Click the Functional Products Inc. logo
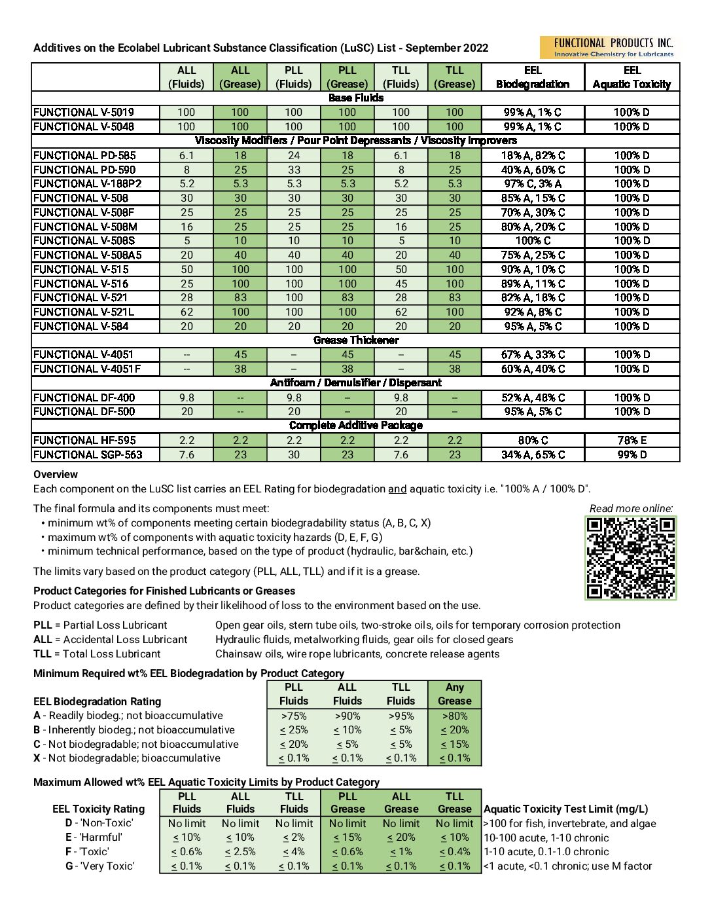pyautogui.click(x=609, y=48)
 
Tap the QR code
pyautogui.click(x=630, y=558)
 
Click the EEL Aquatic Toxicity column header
pyautogui.click(x=632, y=77)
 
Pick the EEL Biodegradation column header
pyautogui.click(x=533, y=77)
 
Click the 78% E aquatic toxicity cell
pyautogui.click(x=632, y=440)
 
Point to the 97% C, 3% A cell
pyautogui.click(x=533, y=184)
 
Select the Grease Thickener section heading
pyautogui.click(x=356, y=341)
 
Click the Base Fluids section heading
pyautogui.click(x=356, y=98)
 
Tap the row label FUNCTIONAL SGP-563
pyautogui.click(x=88, y=454)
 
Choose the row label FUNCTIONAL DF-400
pyautogui.click(x=84, y=397)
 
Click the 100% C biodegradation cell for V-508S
pyautogui.click(x=533, y=240)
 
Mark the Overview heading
pyautogui.click(x=56, y=475)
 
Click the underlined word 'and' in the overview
pyautogui.click(x=397, y=489)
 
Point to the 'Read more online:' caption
pyautogui.click(x=631, y=509)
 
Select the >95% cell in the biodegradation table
pyautogui.click(x=400, y=716)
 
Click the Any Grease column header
pyautogui.click(x=454, y=694)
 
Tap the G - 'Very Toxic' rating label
pyautogui.click(x=99, y=866)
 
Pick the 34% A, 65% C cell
pyautogui.click(x=533, y=454)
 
